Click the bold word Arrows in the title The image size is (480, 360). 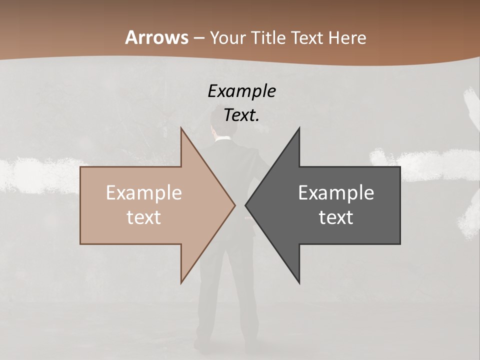(156, 37)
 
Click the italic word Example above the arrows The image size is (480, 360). (242, 91)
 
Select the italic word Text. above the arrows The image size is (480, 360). (242, 115)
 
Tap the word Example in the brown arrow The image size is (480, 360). (144, 193)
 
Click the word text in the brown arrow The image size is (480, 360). (144, 217)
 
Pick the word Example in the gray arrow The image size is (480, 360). (336, 193)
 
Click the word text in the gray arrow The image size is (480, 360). (336, 217)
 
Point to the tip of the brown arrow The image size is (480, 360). (235, 205)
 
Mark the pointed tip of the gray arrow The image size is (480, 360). (245, 205)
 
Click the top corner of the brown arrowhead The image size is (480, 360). (181, 128)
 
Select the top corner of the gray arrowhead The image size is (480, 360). (299, 128)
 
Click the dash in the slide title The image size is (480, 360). (199, 38)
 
